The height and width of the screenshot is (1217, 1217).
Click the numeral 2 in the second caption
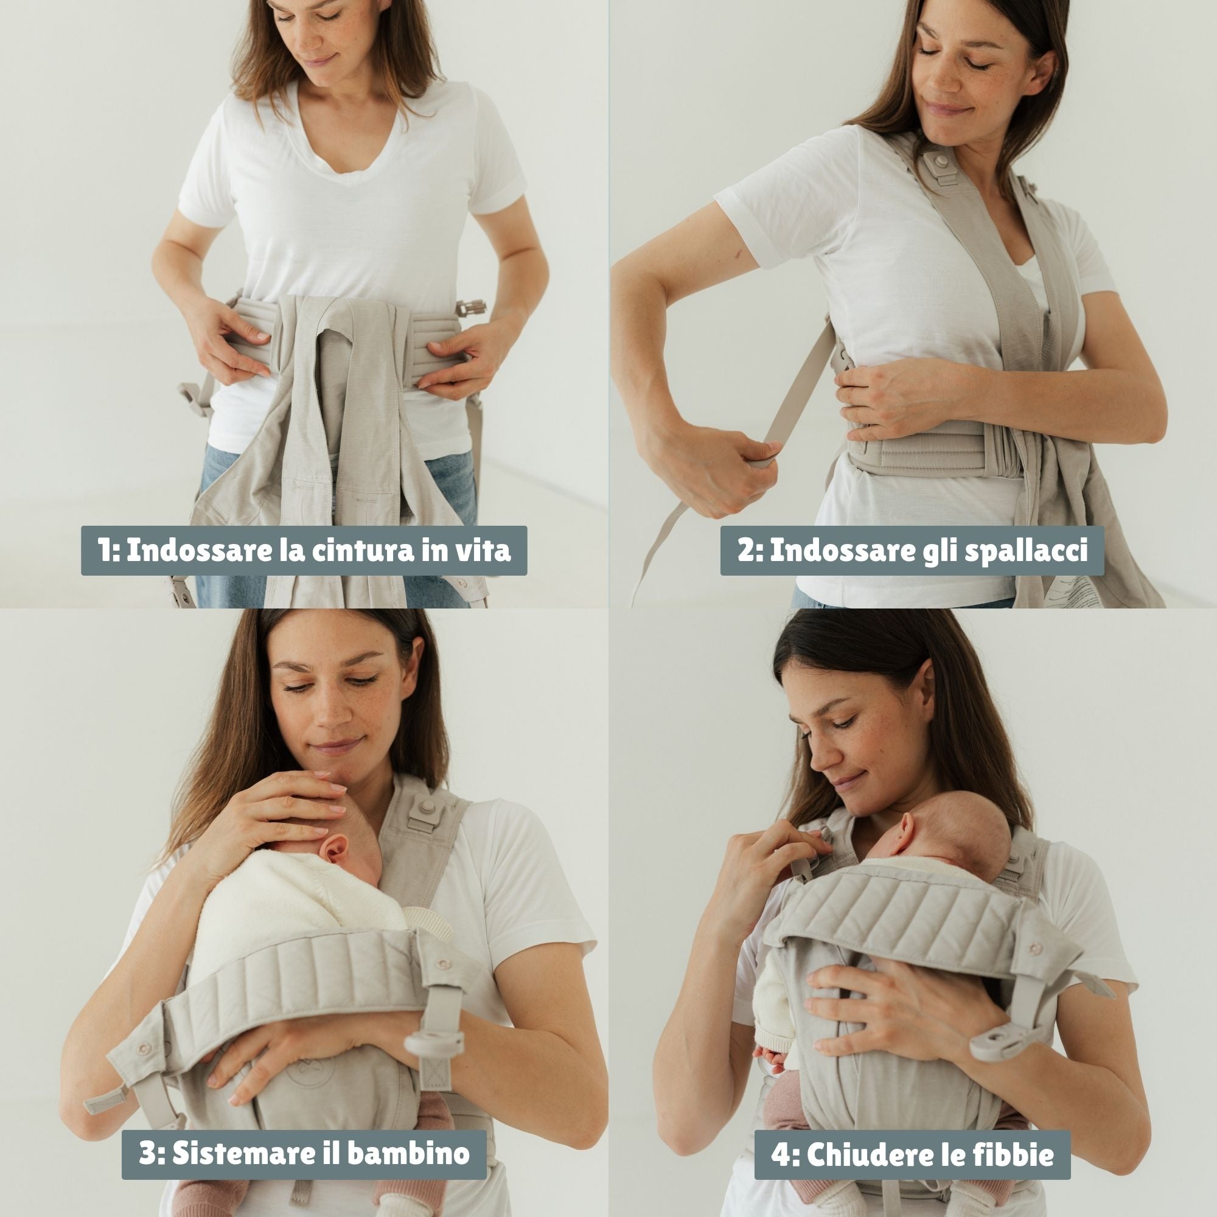click(x=746, y=551)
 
